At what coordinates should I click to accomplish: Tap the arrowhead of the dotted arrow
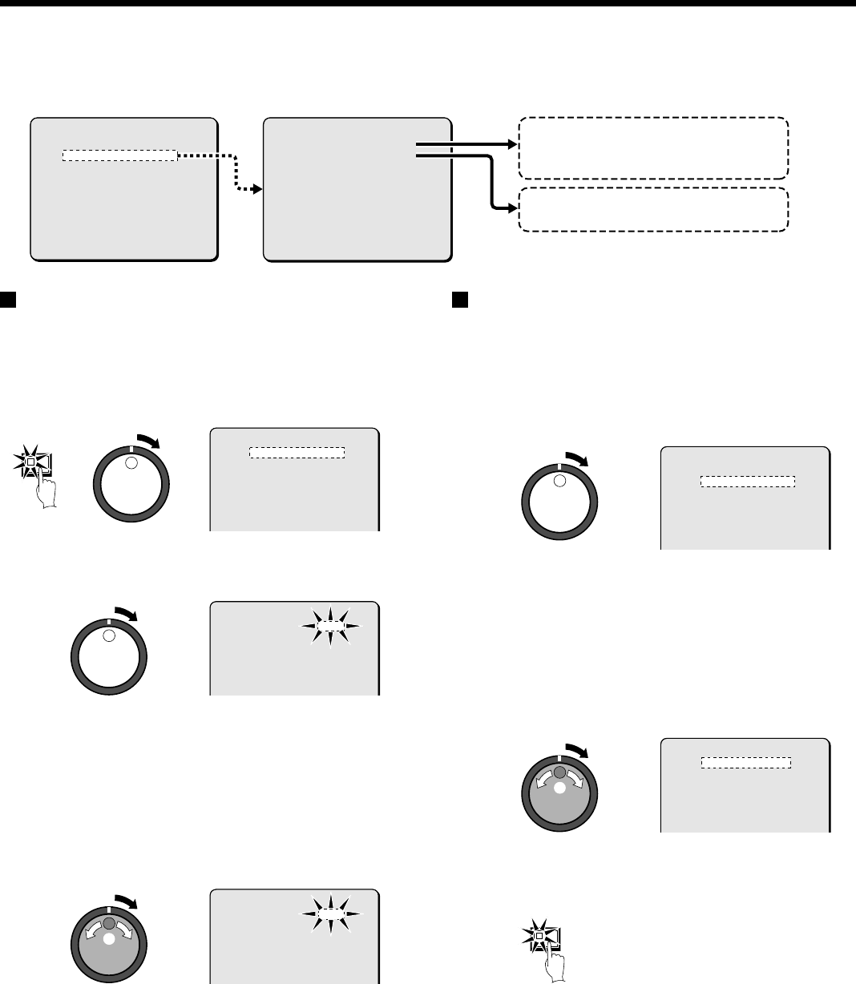point(256,190)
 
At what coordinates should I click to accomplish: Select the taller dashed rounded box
point(653,147)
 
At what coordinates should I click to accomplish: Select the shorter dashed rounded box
point(653,210)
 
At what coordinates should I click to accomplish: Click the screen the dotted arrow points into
point(357,190)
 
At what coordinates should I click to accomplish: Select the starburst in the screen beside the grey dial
point(329,912)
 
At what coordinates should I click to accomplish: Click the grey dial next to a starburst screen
point(108,944)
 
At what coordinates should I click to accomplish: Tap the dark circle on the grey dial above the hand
point(559,772)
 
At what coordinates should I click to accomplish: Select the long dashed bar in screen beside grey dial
point(746,763)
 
